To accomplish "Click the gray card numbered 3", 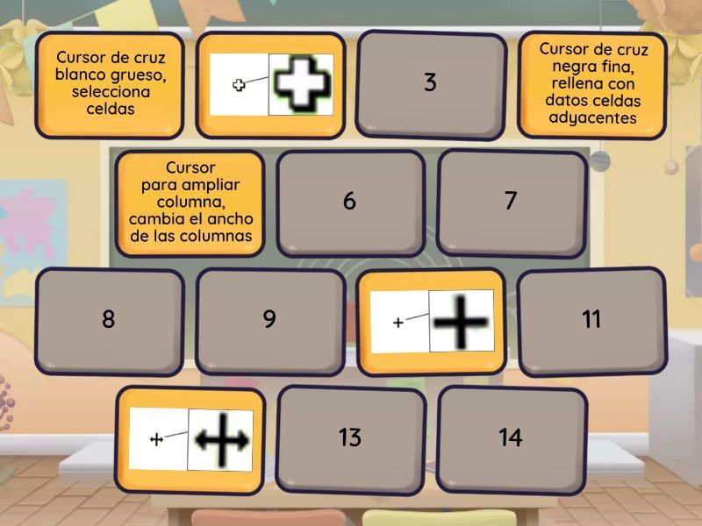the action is click(431, 84).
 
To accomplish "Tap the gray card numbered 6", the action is click(350, 203).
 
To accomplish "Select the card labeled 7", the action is click(512, 203).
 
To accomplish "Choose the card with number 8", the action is click(109, 321).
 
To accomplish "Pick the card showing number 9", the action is click(270, 321).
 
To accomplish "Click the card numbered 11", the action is click(591, 321).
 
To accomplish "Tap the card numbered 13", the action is click(350, 440).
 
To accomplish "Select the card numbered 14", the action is click(512, 440).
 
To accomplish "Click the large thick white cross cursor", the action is click(301, 83).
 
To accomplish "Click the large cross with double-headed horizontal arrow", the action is click(221, 440).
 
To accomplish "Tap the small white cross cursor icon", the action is click(239, 84).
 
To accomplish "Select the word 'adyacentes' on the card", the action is click(593, 118).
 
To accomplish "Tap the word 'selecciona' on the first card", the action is click(111, 92).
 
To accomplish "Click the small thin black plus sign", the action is click(398, 322).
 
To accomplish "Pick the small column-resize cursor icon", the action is click(156, 440).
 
